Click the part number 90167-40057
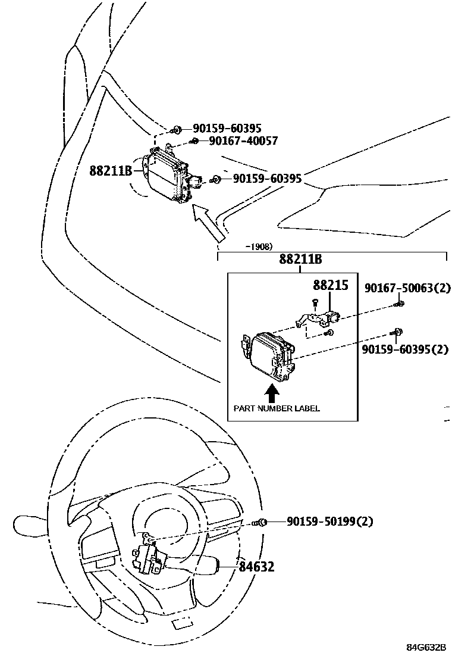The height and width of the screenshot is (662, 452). (x=243, y=141)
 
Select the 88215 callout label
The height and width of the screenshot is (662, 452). (x=331, y=286)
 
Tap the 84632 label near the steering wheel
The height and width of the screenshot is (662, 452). (x=257, y=567)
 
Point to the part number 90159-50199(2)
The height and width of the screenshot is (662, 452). (x=329, y=522)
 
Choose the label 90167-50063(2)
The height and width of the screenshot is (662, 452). (x=407, y=289)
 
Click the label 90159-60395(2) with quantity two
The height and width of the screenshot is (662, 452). (x=405, y=349)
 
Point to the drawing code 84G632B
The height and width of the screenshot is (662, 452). (x=426, y=647)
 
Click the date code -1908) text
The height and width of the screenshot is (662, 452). (x=259, y=246)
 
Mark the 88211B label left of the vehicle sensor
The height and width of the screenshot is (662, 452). (x=111, y=171)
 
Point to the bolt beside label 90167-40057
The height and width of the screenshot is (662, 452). (x=194, y=142)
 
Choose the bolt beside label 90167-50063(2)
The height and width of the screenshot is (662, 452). (x=400, y=304)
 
